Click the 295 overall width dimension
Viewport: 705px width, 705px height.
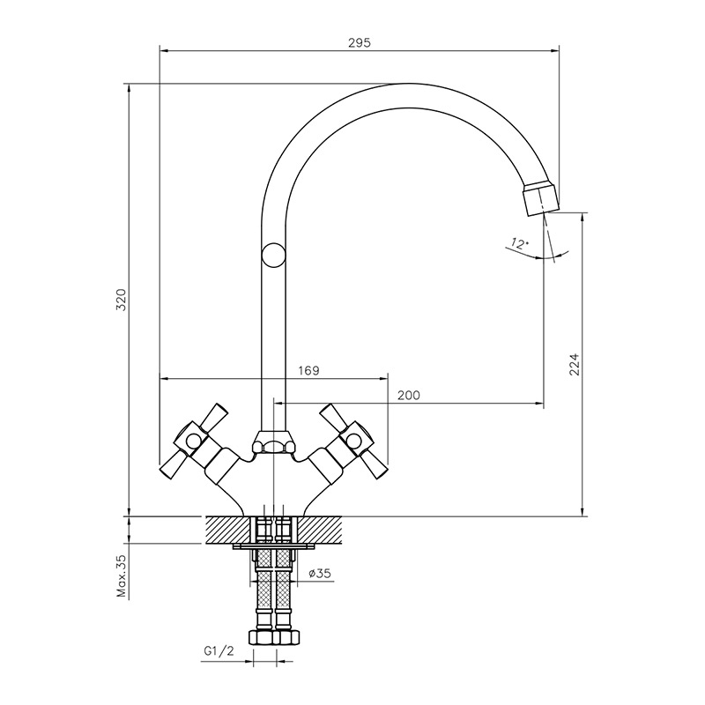point(360,42)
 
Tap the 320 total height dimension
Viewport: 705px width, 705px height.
point(122,300)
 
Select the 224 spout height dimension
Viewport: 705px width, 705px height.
point(575,365)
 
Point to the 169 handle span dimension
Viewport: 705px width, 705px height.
point(308,370)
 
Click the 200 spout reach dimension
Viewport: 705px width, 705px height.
point(409,395)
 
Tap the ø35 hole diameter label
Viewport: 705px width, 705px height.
point(320,574)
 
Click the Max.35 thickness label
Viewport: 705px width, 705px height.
point(122,575)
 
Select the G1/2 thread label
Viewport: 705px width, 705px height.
point(219,651)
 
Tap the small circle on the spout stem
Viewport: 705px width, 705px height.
point(273,255)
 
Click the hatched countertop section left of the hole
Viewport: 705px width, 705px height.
point(228,531)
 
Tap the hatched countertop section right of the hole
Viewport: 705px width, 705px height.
point(319,531)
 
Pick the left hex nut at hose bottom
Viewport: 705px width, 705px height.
point(261,637)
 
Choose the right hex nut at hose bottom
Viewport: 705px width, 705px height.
point(286,637)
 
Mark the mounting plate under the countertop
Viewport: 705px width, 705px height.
point(273,546)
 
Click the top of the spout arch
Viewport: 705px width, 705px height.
point(408,84)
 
